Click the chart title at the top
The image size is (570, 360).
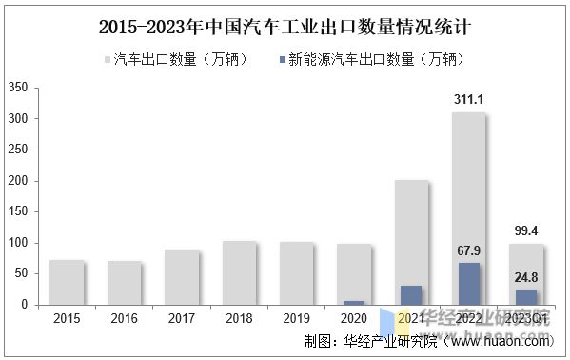285,27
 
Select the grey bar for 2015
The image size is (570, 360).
67,282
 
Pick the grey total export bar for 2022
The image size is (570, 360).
468,190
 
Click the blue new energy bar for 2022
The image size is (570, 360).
468,284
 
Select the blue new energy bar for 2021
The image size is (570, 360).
410,295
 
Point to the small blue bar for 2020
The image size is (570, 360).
353,303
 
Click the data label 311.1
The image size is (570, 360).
468,98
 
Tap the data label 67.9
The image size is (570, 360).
468,251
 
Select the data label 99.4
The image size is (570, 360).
525,230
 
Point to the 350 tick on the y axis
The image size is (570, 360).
17,88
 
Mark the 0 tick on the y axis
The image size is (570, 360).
24,305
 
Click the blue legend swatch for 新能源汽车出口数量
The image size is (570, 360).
283,59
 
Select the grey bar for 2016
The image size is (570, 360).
124,283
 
